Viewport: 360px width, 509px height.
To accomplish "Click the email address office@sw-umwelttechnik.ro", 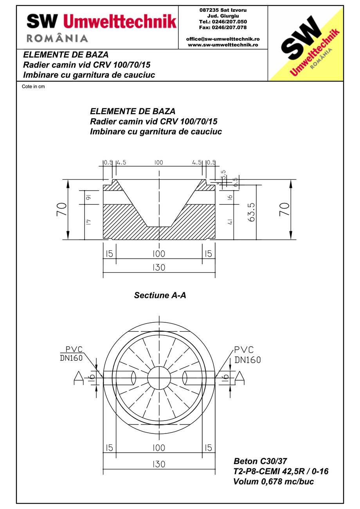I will click(x=223, y=39).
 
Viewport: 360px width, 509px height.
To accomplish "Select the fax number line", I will click(x=223, y=27).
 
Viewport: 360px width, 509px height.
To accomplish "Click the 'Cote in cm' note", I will click(x=33, y=86).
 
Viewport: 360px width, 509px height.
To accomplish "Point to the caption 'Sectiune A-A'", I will click(x=160, y=295).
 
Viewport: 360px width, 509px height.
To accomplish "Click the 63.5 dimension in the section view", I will click(x=252, y=212).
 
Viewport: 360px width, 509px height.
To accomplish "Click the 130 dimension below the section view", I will click(x=159, y=268).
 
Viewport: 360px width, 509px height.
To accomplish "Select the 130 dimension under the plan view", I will click(x=159, y=464).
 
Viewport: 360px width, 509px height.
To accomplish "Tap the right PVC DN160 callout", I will click(x=247, y=354).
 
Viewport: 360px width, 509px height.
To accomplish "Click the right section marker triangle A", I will click(x=239, y=376).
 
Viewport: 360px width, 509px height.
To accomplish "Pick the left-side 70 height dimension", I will click(x=61, y=210).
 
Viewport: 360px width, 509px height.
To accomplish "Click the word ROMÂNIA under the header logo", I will click(x=57, y=38).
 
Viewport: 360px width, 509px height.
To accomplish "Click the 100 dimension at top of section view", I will click(x=158, y=163).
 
